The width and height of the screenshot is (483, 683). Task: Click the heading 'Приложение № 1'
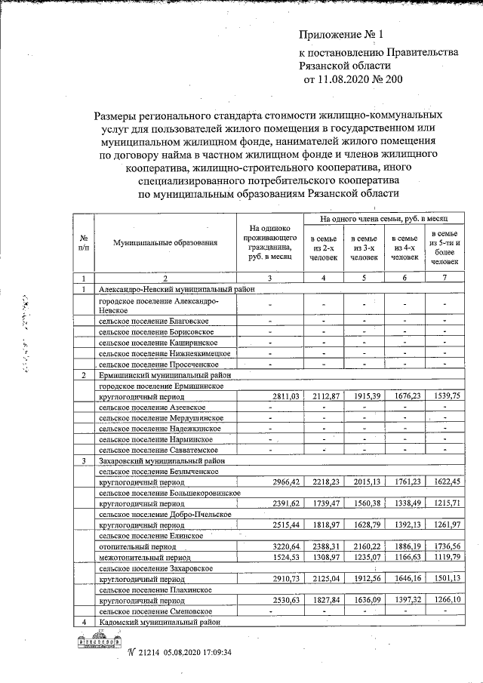click(341, 35)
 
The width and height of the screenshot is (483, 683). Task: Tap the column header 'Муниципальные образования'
click(165, 243)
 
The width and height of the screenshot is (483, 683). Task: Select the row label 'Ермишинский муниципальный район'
click(161, 375)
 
